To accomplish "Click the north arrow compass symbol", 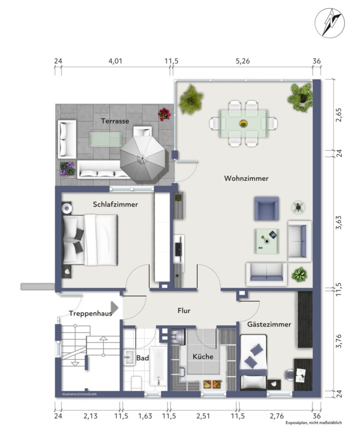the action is pyautogui.click(x=330, y=23).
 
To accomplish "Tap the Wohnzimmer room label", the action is pyautogui.click(x=246, y=178).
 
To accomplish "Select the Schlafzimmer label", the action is pyautogui.click(x=115, y=204).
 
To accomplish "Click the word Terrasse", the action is pyautogui.click(x=115, y=121).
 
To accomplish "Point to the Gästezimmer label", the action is pyautogui.click(x=269, y=324).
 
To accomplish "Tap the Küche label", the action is pyautogui.click(x=203, y=357).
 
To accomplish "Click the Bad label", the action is pyautogui.click(x=143, y=358).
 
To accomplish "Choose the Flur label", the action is pyautogui.click(x=184, y=311).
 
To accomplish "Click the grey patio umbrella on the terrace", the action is pyautogui.click(x=143, y=158).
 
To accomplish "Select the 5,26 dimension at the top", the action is pyautogui.click(x=243, y=61).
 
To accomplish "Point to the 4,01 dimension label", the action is pyautogui.click(x=115, y=61).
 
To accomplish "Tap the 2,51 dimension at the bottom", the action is pyautogui.click(x=203, y=416).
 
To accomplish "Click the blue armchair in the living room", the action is pyautogui.click(x=266, y=208).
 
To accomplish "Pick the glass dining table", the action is pyautogui.click(x=244, y=124).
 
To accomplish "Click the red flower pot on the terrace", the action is pyautogui.click(x=164, y=114).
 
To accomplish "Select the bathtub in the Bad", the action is pyautogui.click(x=158, y=367).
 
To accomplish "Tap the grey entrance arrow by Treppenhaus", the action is pyautogui.click(x=114, y=307).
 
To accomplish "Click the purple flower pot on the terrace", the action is pyautogui.click(x=67, y=169).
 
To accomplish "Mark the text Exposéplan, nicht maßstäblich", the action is pyautogui.click(x=314, y=423).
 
